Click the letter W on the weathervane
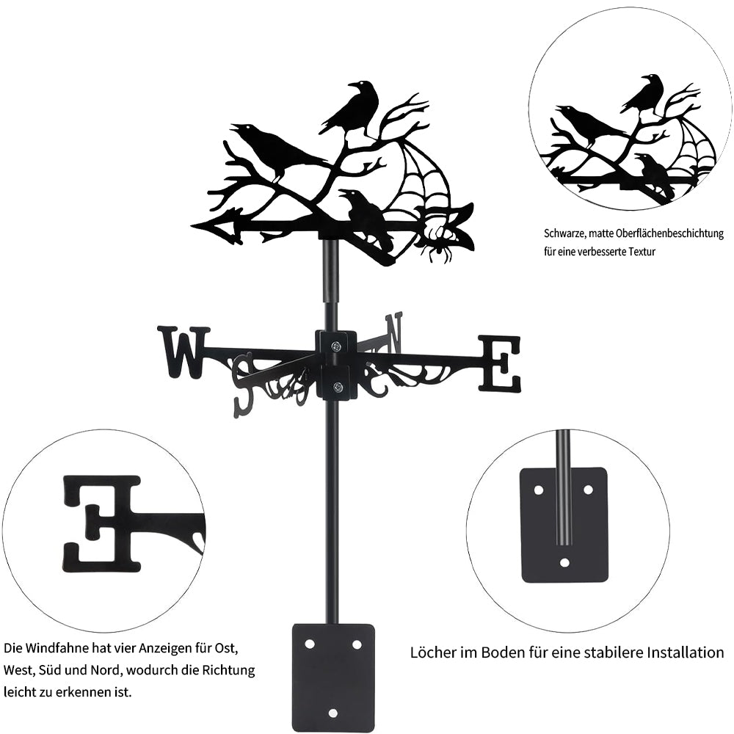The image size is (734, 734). click(x=183, y=352)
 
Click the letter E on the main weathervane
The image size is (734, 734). click(x=501, y=363)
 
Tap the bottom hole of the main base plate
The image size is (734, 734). click(x=333, y=712)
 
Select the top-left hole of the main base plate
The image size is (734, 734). click(x=310, y=644)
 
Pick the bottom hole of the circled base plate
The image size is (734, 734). click(x=564, y=562)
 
